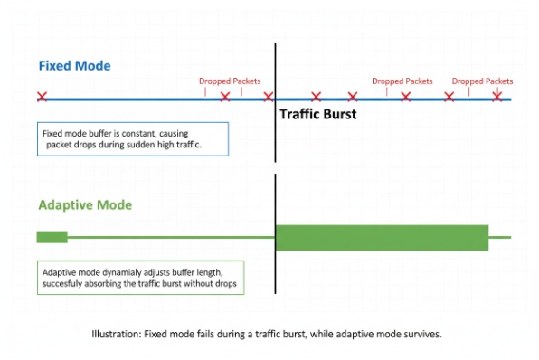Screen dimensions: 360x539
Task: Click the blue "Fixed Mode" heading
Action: pos(74,66)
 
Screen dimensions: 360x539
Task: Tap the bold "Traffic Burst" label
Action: pos(317,115)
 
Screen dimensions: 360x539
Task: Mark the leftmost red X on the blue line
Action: pos(42,97)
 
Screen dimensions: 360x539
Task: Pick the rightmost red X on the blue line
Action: pos(496,97)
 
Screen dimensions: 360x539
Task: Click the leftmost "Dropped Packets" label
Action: pos(230,81)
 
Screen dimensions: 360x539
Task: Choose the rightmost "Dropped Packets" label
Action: pos(482,81)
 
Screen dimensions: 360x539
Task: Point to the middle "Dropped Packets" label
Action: pos(402,81)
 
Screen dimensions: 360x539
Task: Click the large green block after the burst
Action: pos(382,237)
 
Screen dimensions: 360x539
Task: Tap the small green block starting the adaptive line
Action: pos(52,237)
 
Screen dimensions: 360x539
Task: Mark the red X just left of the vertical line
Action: pos(268,97)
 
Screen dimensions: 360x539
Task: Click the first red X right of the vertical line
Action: pos(316,97)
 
